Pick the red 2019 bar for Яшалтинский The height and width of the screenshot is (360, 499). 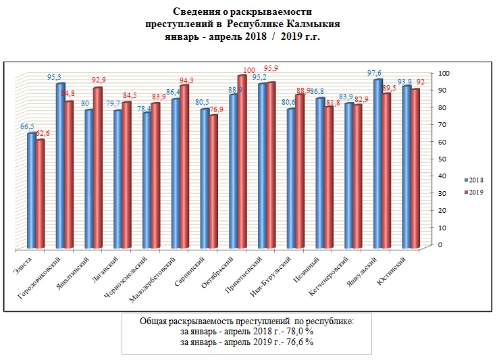point(98,169)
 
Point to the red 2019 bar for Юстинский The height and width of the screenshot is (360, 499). point(416,169)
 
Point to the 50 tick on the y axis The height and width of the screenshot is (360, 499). point(440,159)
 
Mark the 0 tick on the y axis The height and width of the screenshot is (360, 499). point(440,244)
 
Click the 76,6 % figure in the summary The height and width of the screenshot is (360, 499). point(296,342)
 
